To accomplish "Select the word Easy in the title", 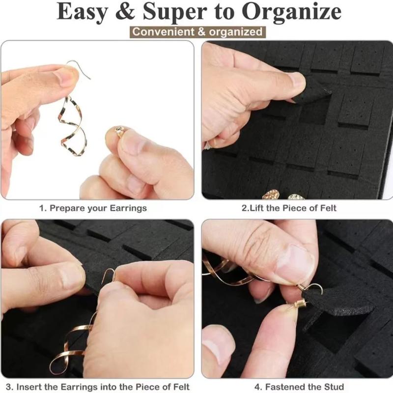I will pos(84,12).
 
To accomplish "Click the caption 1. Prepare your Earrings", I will pos(93,208).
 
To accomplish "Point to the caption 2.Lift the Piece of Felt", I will pos(289,208).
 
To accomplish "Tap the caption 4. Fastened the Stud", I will pos(299,386).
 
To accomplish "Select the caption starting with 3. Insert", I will pos(98,386).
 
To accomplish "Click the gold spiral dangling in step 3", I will pos(69,344).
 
